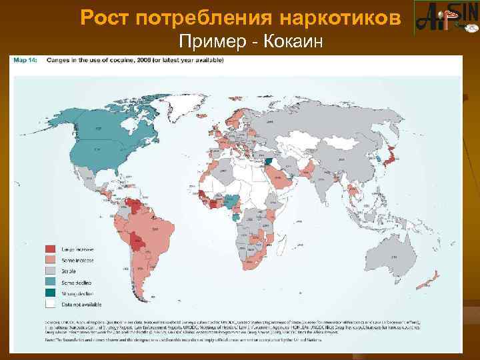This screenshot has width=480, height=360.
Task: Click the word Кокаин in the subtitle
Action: coord(293,43)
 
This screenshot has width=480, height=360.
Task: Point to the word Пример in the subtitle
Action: coord(216,43)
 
